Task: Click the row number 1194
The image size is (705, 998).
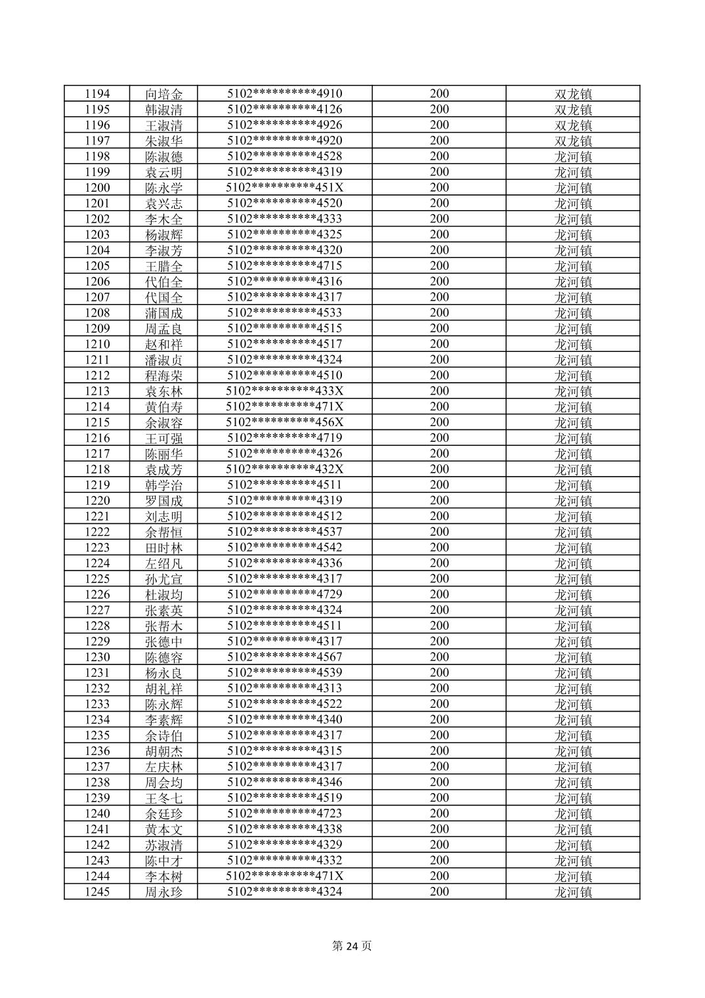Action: [x=97, y=94]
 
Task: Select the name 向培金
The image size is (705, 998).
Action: [x=163, y=94]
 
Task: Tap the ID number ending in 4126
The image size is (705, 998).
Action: [x=285, y=110]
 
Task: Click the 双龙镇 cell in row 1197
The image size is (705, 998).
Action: [x=573, y=141]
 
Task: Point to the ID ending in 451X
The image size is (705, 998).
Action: [x=285, y=188]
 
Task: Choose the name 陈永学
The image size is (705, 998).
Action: [x=163, y=188]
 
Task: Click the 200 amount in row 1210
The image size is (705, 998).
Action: [x=439, y=344]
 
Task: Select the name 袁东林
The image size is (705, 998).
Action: [x=163, y=391]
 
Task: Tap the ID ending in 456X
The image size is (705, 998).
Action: [x=285, y=422]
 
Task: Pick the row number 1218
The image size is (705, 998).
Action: [x=97, y=469]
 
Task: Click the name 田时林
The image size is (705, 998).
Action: [x=163, y=548]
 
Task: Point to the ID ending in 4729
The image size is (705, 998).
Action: [x=285, y=594]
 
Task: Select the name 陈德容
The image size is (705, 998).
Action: [x=163, y=657]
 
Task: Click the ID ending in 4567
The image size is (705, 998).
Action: [x=285, y=657]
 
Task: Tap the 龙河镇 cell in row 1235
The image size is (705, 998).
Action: [x=573, y=735]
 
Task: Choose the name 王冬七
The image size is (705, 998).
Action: [x=163, y=798]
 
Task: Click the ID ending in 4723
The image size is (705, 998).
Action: [x=285, y=814]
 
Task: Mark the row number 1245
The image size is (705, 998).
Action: [x=97, y=892]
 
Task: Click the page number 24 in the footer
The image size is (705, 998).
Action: [x=352, y=946]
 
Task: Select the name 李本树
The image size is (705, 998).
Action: [x=163, y=876]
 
